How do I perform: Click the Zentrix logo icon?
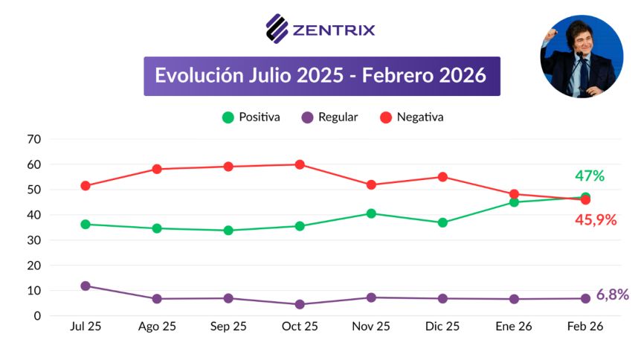coord(277,29)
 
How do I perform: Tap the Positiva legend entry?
coord(251,118)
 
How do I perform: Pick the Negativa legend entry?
coord(412,118)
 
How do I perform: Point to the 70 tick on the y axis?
coord(33,139)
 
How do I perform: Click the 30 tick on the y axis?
coord(33,240)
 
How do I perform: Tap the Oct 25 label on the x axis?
coord(300,327)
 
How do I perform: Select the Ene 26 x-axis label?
coord(514,327)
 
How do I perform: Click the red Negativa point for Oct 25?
coord(300,164)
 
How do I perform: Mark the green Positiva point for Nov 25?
coord(371,213)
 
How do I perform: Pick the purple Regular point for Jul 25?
coord(86,286)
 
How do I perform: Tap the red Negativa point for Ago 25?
coord(157,169)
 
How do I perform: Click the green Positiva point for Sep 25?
coord(228,231)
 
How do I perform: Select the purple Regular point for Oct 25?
coord(300,304)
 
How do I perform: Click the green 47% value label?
coord(590,176)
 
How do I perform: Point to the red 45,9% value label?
coord(595,220)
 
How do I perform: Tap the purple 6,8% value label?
coord(612,295)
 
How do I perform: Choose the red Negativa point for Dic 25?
coord(442,177)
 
